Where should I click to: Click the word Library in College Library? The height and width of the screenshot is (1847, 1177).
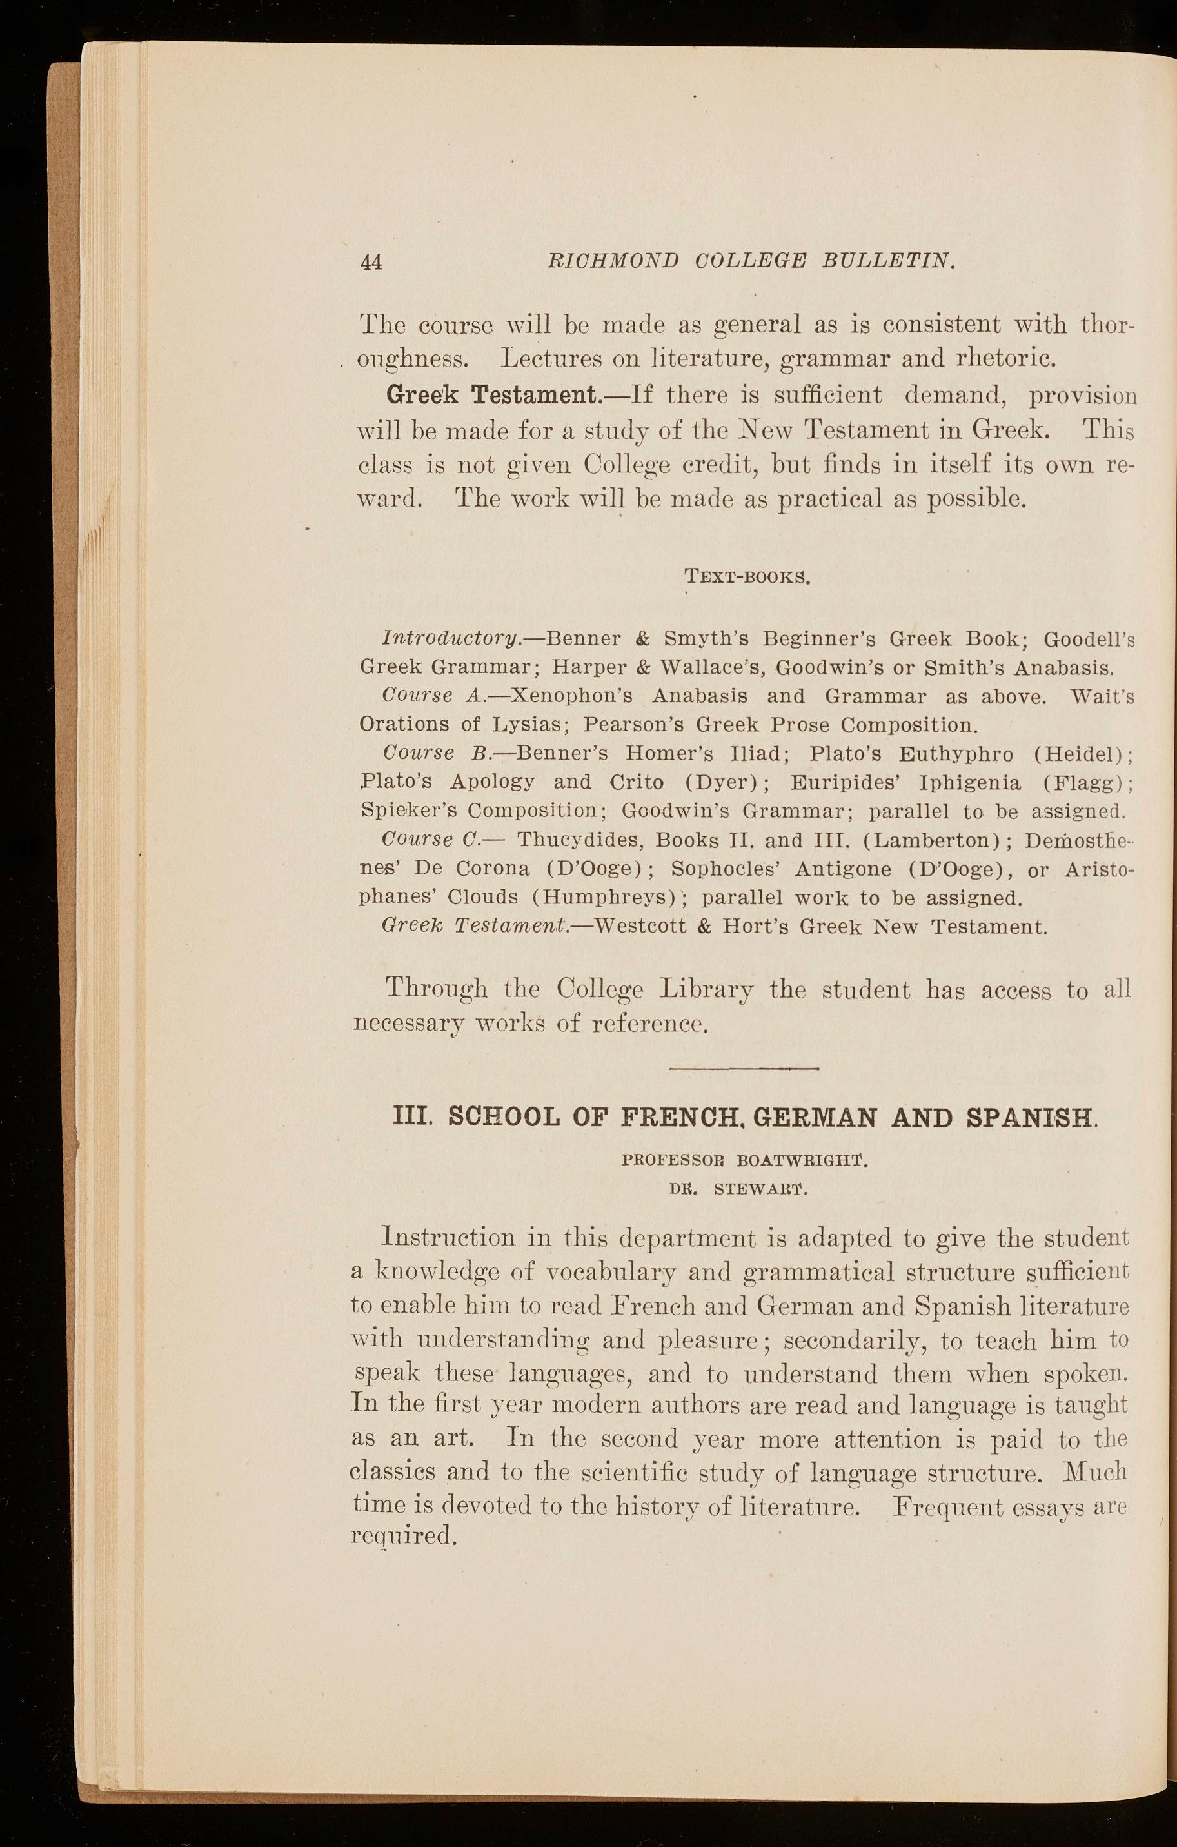click(x=707, y=989)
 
